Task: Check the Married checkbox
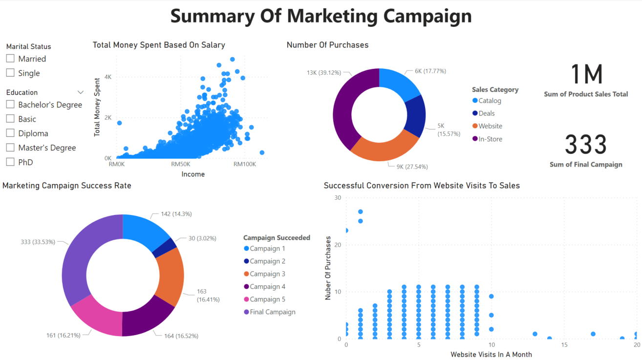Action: click(x=10, y=59)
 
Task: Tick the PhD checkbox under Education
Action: click(x=10, y=162)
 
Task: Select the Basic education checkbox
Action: click(x=10, y=119)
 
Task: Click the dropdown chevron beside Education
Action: click(x=81, y=92)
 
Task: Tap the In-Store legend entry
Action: click(x=490, y=139)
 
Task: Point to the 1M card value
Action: click(x=586, y=74)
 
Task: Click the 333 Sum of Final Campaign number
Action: click(x=586, y=145)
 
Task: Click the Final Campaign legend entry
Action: click(x=272, y=312)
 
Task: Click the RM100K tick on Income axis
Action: click(x=244, y=164)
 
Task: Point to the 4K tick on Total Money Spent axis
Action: click(x=108, y=77)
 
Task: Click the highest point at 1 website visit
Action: click(x=361, y=212)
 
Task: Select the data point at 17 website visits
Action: click(x=593, y=334)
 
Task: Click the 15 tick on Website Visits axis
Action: click(x=564, y=345)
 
